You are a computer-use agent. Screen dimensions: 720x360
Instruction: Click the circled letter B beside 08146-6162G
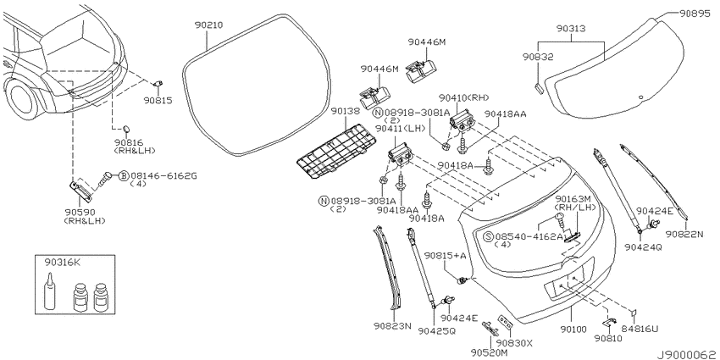(x=124, y=175)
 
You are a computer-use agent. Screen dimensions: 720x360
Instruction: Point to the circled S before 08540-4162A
(x=488, y=236)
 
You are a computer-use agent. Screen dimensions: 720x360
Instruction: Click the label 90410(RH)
(x=464, y=97)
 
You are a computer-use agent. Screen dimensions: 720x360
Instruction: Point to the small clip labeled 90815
(x=158, y=84)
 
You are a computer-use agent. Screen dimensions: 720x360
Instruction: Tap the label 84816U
(x=640, y=329)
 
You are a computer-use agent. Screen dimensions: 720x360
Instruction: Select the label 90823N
(x=392, y=325)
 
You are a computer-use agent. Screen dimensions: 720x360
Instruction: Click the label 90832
(x=538, y=57)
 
